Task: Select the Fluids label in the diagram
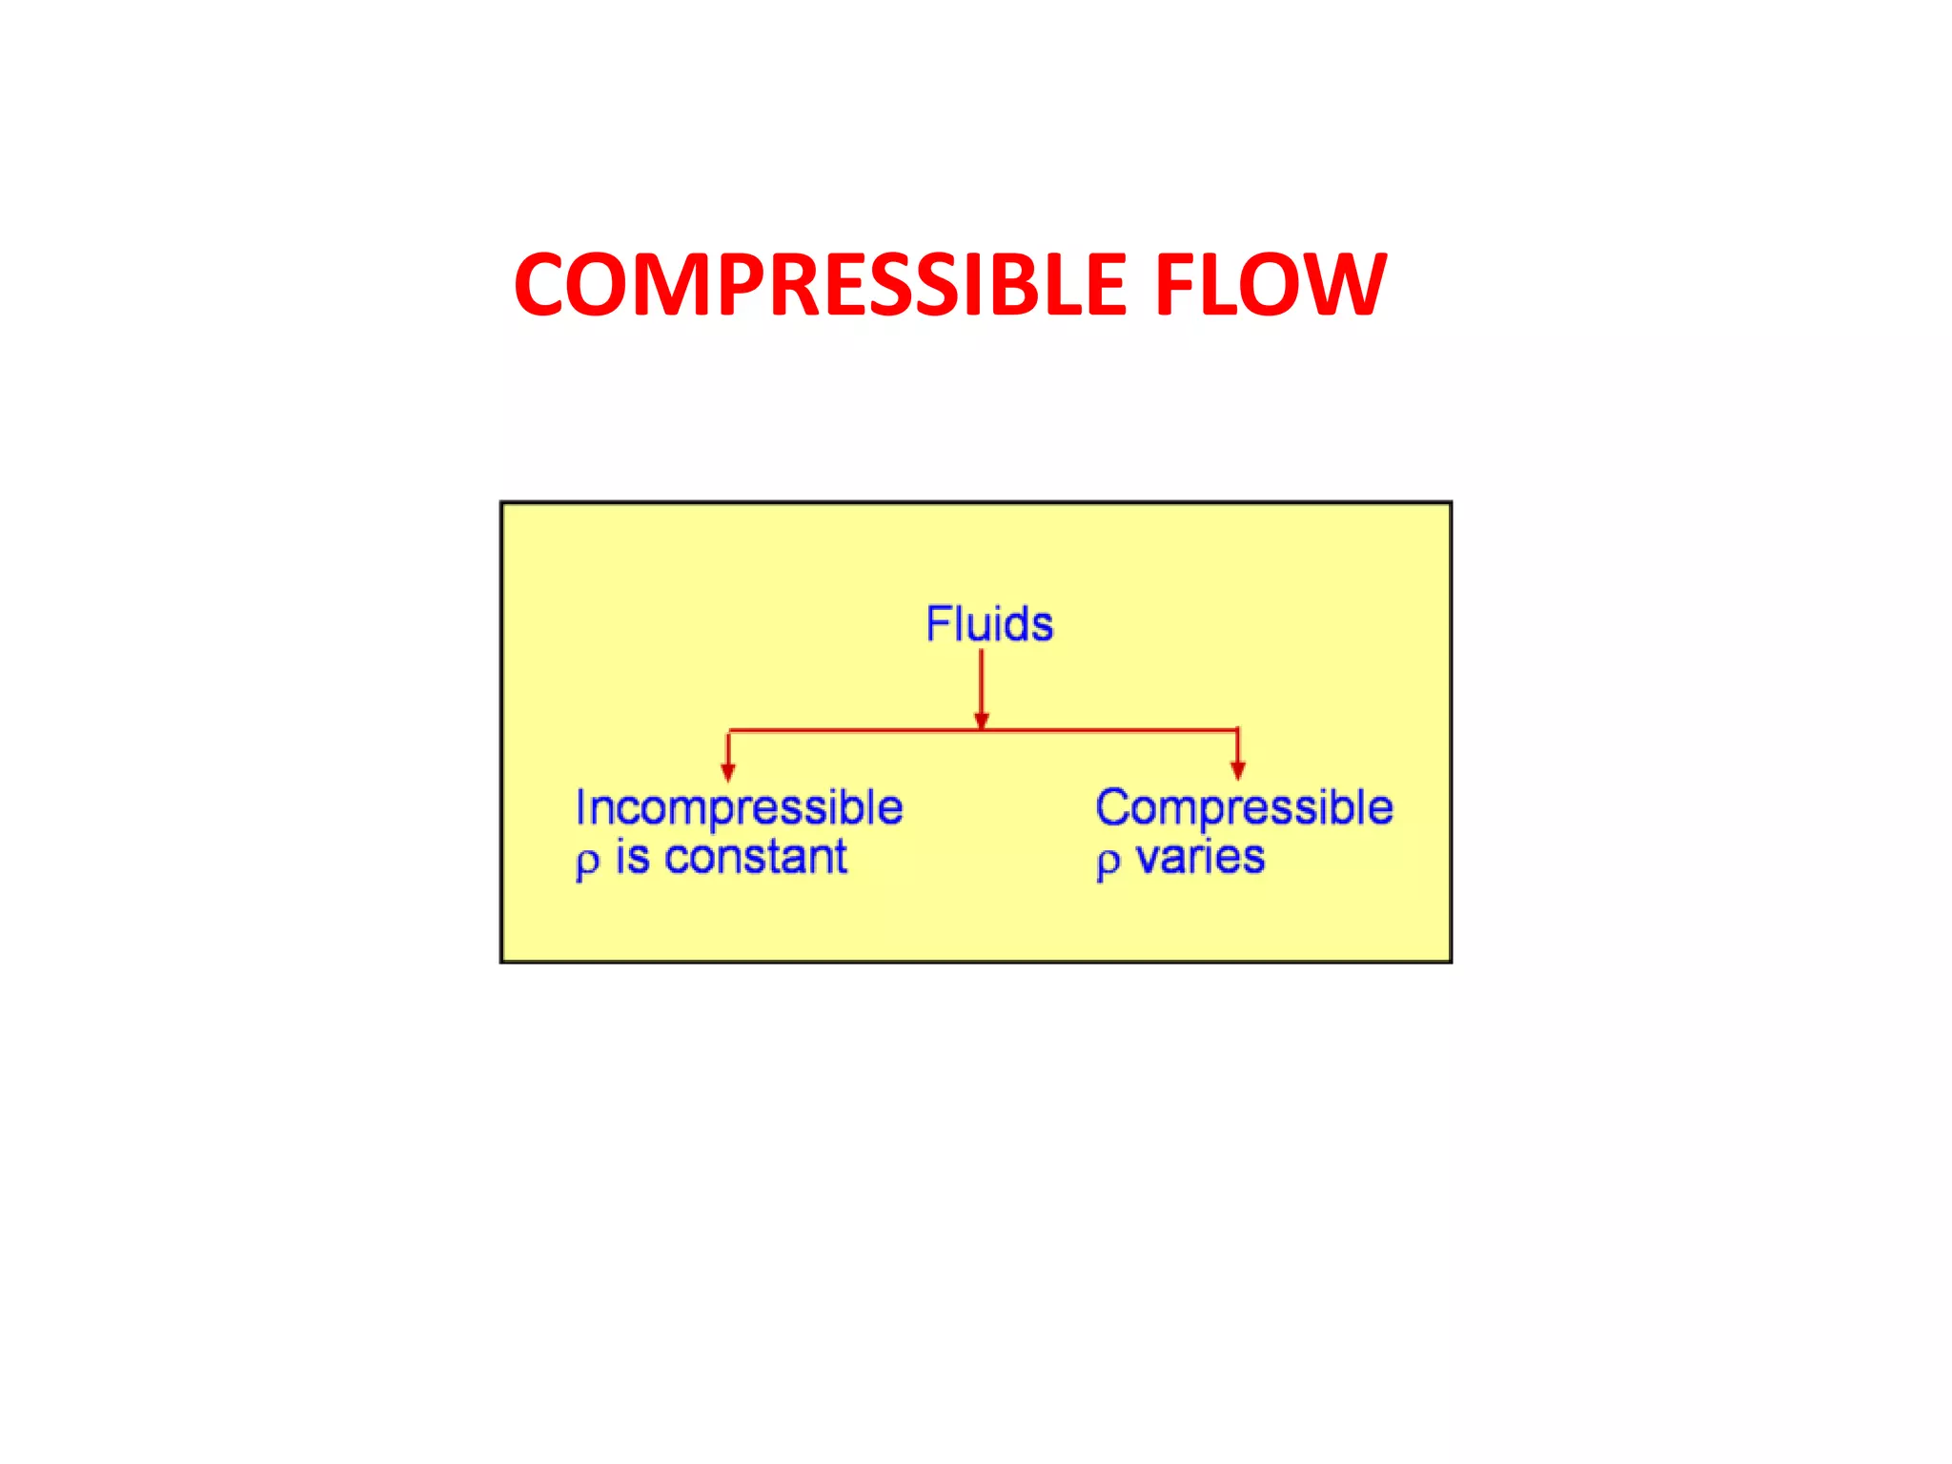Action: coord(989,624)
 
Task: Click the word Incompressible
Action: coord(739,808)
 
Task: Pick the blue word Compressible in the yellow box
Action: coord(1244,808)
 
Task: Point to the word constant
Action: coord(755,857)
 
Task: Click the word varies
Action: coord(1200,857)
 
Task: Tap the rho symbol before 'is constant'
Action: coord(587,862)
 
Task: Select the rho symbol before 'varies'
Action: coord(1108,862)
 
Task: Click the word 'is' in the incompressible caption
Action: coord(632,857)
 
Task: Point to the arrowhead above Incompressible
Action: coord(728,771)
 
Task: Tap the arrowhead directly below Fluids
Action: coord(982,721)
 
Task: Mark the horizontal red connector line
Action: coord(858,731)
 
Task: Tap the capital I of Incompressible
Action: coord(579,807)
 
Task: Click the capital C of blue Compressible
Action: coord(1112,807)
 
